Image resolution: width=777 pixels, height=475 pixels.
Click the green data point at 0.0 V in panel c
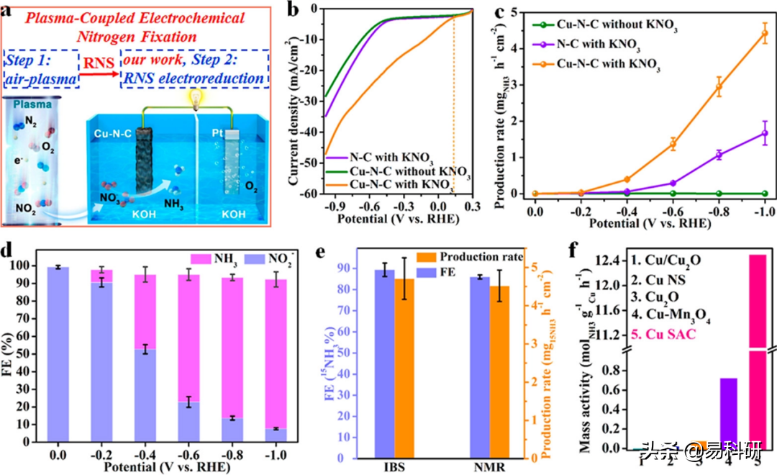click(x=535, y=194)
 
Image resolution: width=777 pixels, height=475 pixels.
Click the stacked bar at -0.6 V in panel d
click(x=188, y=360)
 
